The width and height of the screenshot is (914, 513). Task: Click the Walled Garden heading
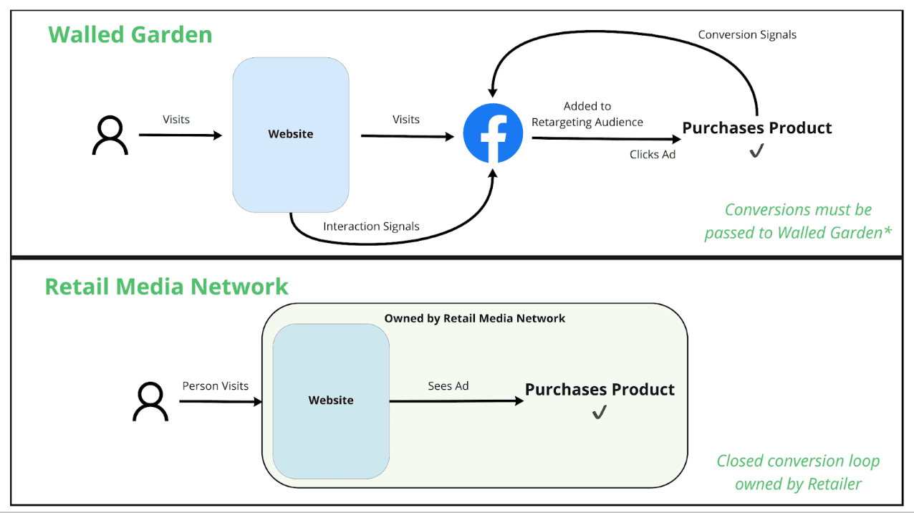[130, 34]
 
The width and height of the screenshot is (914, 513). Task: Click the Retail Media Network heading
[166, 287]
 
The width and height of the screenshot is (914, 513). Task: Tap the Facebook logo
[493, 133]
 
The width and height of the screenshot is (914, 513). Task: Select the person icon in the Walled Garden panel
[110, 135]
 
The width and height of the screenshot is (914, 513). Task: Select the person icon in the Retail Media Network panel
[150, 401]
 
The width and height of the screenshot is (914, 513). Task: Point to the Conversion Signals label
[747, 34]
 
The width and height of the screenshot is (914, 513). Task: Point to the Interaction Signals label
[371, 226]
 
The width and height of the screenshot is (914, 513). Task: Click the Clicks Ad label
[653, 154]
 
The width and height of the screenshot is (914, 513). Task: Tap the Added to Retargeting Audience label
[587, 114]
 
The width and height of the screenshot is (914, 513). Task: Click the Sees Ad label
[448, 385]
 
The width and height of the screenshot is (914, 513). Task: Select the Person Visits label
[215, 385]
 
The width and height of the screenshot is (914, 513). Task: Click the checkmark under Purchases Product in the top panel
[756, 151]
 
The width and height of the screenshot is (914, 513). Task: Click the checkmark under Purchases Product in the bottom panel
[599, 413]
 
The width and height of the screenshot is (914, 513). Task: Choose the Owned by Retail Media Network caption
[474, 318]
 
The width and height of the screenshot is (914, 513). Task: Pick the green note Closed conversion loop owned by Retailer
[798, 472]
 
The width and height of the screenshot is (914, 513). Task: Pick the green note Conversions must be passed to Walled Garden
[798, 221]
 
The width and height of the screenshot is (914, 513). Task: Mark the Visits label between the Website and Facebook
[405, 119]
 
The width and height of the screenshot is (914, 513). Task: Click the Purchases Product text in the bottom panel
[600, 390]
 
